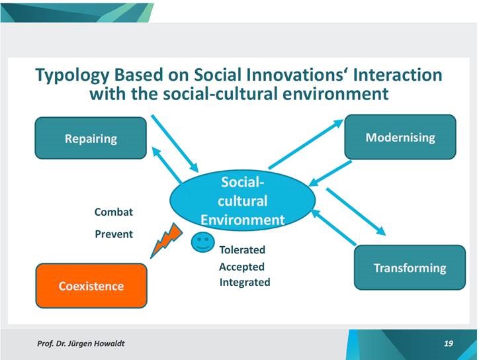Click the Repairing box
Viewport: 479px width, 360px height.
pos(91,138)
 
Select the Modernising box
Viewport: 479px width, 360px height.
pos(400,137)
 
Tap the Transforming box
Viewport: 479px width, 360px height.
pos(410,267)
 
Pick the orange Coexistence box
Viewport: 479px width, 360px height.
pos(91,286)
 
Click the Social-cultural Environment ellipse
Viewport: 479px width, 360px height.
pos(243,201)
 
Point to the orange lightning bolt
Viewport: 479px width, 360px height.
pos(167,240)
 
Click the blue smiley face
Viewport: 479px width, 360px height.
pos(203,242)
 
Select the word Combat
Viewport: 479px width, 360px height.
pos(114,212)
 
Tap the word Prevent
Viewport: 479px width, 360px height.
pos(114,234)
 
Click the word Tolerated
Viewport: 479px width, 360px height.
pos(242,249)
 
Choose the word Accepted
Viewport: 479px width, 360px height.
pos(241,267)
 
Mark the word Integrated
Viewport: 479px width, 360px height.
pos(245,282)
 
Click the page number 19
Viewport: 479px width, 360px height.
pos(449,343)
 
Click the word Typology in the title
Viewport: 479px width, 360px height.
pos(72,75)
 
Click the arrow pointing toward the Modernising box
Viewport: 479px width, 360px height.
pos(306,144)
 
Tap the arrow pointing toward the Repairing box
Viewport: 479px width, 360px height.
pos(167,165)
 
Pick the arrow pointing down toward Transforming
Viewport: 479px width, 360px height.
pos(356,212)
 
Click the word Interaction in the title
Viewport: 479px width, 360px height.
pos(398,75)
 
